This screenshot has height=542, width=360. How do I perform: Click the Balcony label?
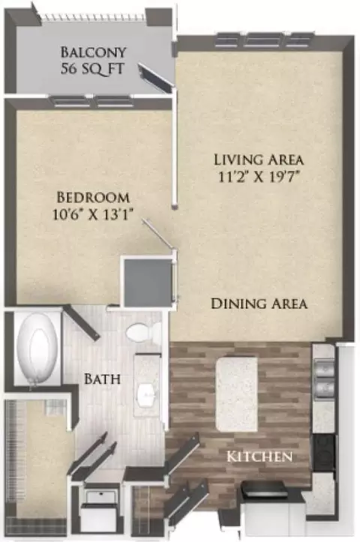pos(93,52)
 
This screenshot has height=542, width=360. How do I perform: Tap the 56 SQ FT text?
pos(92,68)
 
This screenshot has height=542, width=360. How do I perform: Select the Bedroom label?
pos(93,197)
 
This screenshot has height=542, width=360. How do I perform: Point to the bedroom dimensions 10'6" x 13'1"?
pos(93,214)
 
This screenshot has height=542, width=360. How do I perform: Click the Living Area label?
pos(259,160)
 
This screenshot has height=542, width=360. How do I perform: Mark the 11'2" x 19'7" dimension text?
pos(258,177)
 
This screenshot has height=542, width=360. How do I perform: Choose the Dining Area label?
pos(259,304)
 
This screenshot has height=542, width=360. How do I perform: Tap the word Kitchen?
pos(259,457)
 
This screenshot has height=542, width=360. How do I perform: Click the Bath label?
pos(102,379)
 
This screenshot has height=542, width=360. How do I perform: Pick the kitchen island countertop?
pos(237,394)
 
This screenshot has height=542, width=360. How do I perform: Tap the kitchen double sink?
pos(325,376)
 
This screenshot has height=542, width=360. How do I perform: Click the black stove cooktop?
pos(325,453)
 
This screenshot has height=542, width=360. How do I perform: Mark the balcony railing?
pos(93,17)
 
